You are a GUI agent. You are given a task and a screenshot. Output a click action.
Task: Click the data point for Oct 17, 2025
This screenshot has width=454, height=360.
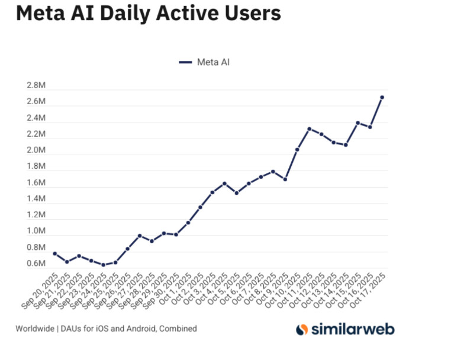[x=382, y=97]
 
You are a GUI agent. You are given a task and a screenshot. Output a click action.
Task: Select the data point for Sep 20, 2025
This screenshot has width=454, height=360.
[x=54, y=253]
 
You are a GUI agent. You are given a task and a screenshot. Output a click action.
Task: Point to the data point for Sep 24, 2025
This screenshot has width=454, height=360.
[x=103, y=265]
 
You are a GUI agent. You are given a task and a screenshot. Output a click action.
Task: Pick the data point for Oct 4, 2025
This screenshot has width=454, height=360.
[x=224, y=184]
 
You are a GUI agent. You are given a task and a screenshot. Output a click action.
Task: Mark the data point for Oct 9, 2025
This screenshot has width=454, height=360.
[x=285, y=179]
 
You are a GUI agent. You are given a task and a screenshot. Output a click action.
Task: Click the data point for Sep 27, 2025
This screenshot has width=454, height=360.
[x=140, y=236]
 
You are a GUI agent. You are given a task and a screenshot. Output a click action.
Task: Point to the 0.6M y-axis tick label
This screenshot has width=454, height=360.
[x=36, y=263]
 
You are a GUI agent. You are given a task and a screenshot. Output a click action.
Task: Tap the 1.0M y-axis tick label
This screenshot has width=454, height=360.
[x=36, y=231]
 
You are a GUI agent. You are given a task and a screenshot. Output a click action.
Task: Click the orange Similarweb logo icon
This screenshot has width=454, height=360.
[x=302, y=329]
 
